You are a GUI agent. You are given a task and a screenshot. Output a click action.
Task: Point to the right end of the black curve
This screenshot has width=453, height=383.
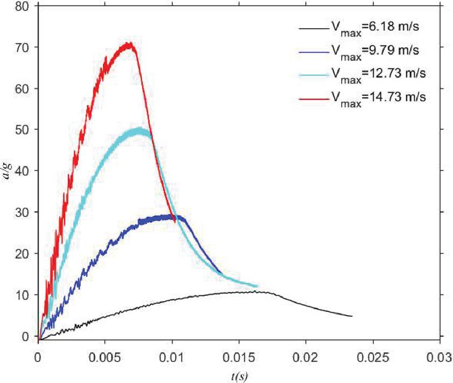[x=352, y=316]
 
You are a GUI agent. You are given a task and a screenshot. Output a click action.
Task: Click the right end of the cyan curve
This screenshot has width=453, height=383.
[x=257, y=286]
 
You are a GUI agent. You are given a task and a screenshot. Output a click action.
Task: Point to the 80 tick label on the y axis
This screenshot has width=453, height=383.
[x=23, y=6]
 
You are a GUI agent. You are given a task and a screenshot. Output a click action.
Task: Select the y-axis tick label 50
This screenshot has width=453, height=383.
[x=23, y=130]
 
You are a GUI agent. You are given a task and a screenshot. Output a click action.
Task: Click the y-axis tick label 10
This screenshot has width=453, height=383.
[x=23, y=295]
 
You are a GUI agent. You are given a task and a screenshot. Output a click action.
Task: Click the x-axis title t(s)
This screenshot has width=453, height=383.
[x=239, y=374]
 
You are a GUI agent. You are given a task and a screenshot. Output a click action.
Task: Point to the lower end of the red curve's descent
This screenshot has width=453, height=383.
[x=175, y=220]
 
